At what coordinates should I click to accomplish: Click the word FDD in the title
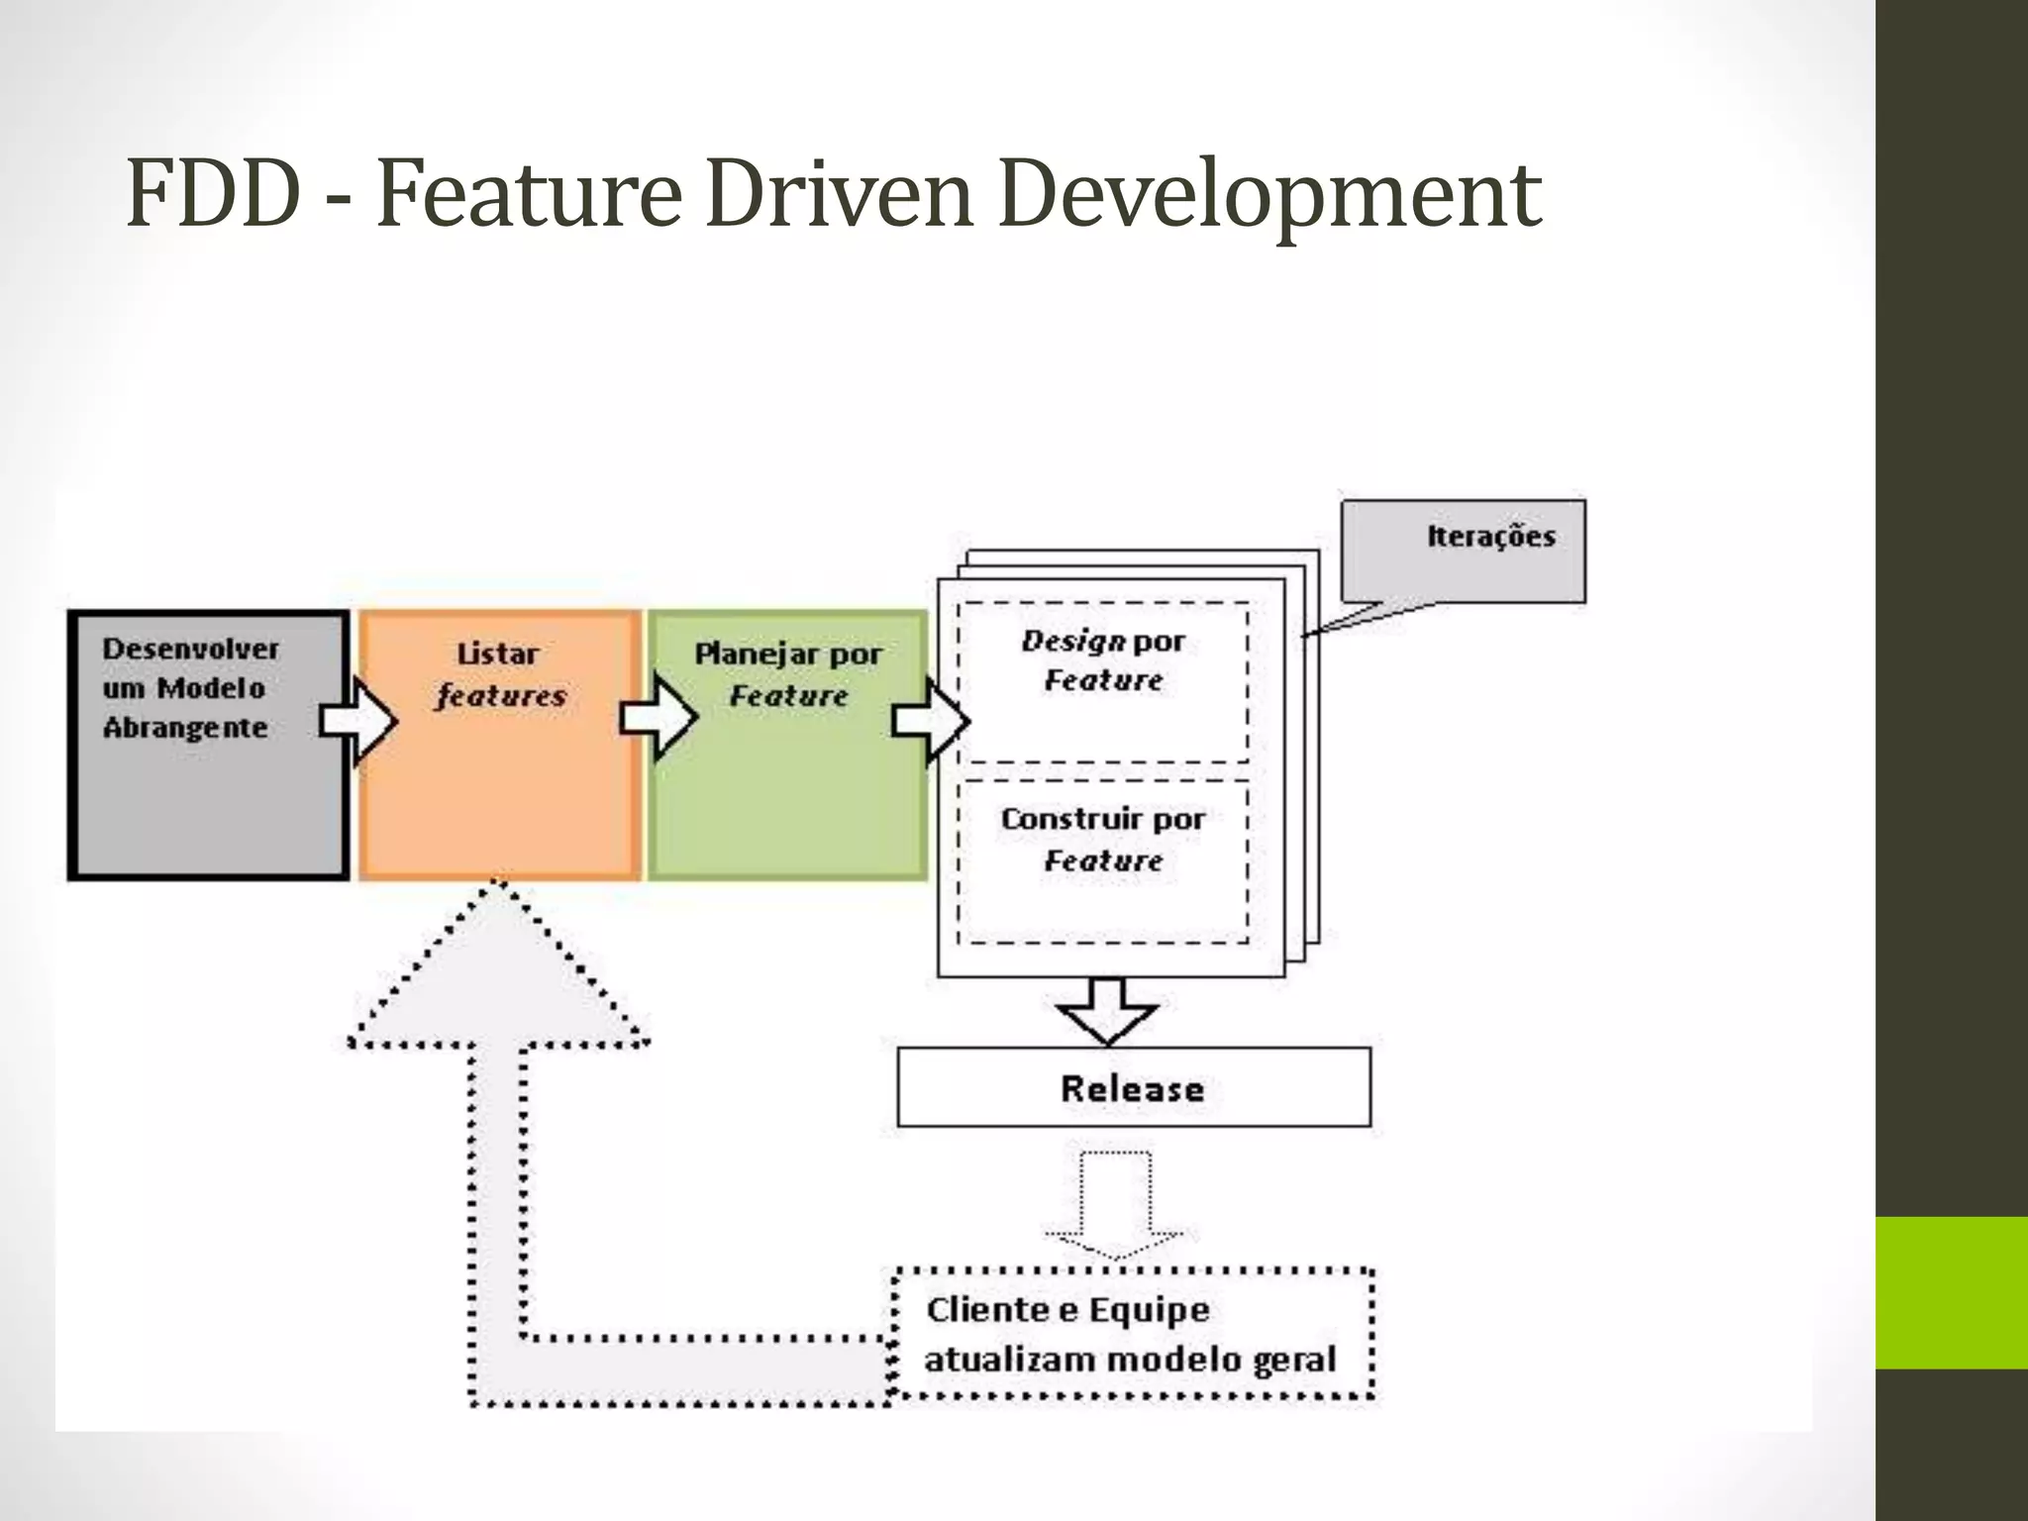pyautogui.click(x=212, y=194)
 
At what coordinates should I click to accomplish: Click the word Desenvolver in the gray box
pyautogui.click(x=191, y=650)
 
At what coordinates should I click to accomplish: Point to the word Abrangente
pyautogui.click(x=185, y=729)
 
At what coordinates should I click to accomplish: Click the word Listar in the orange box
pyautogui.click(x=498, y=654)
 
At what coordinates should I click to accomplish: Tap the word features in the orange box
pyautogui.click(x=501, y=696)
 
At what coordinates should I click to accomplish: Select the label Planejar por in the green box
pyautogui.click(x=788, y=654)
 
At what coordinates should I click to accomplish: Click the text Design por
pyautogui.click(x=1103, y=642)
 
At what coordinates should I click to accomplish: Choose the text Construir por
pyautogui.click(x=1103, y=820)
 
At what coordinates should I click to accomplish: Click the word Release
pyautogui.click(x=1133, y=1089)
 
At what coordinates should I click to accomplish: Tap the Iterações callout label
pyautogui.click(x=1491, y=537)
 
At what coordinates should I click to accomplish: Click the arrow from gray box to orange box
pyautogui.click(x=358, y=721)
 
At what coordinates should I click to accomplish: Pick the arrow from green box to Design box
pyautogui.click(x=931, y=721)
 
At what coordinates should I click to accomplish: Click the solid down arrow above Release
pyautogui.click(x=1107, y=1011)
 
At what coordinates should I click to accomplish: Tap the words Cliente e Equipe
pyautogui.click(x=1068, y=1310)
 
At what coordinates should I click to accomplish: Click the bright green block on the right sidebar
pyautogui.click(x=1952, y=1292)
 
